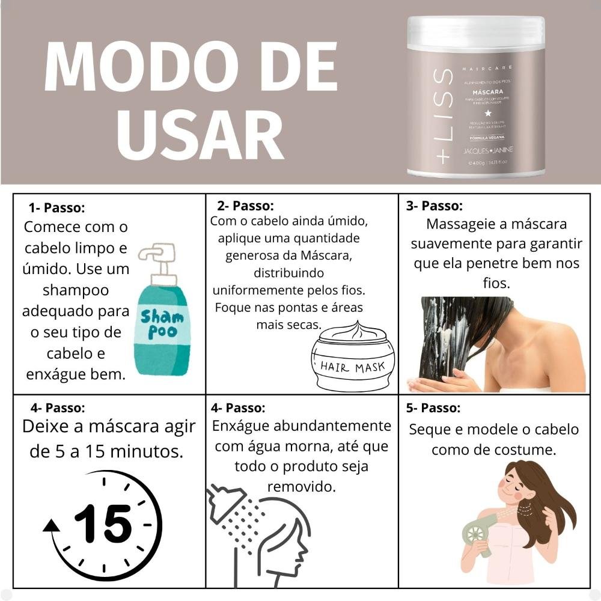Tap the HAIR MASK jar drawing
click(x=353, y=359)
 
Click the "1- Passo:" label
click(x=56, y=208)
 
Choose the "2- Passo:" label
click(x=245, y=206)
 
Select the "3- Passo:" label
click(x=434, y=206)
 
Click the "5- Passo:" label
click(x=433, y=409)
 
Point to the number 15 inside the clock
click(x=103, y=523)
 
